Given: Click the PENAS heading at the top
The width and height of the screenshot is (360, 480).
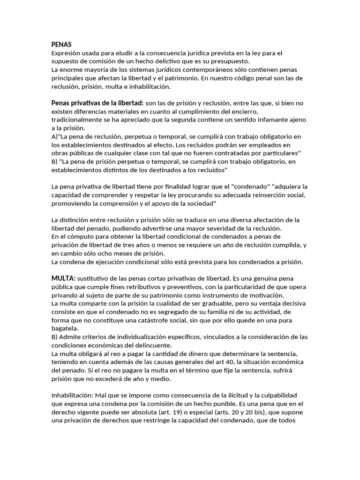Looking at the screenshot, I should (x=61, y=45).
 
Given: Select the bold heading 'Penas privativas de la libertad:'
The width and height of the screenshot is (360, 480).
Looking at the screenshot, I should (x=97, y=103).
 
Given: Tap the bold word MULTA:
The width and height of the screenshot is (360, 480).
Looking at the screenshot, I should (x=63, y=278).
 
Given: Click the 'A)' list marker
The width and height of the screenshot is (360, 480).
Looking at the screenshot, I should (x=55, y=136).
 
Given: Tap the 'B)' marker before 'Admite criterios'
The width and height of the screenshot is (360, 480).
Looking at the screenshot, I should (x=55, y=337).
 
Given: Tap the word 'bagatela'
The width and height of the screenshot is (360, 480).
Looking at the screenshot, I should (x=65, y=329).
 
